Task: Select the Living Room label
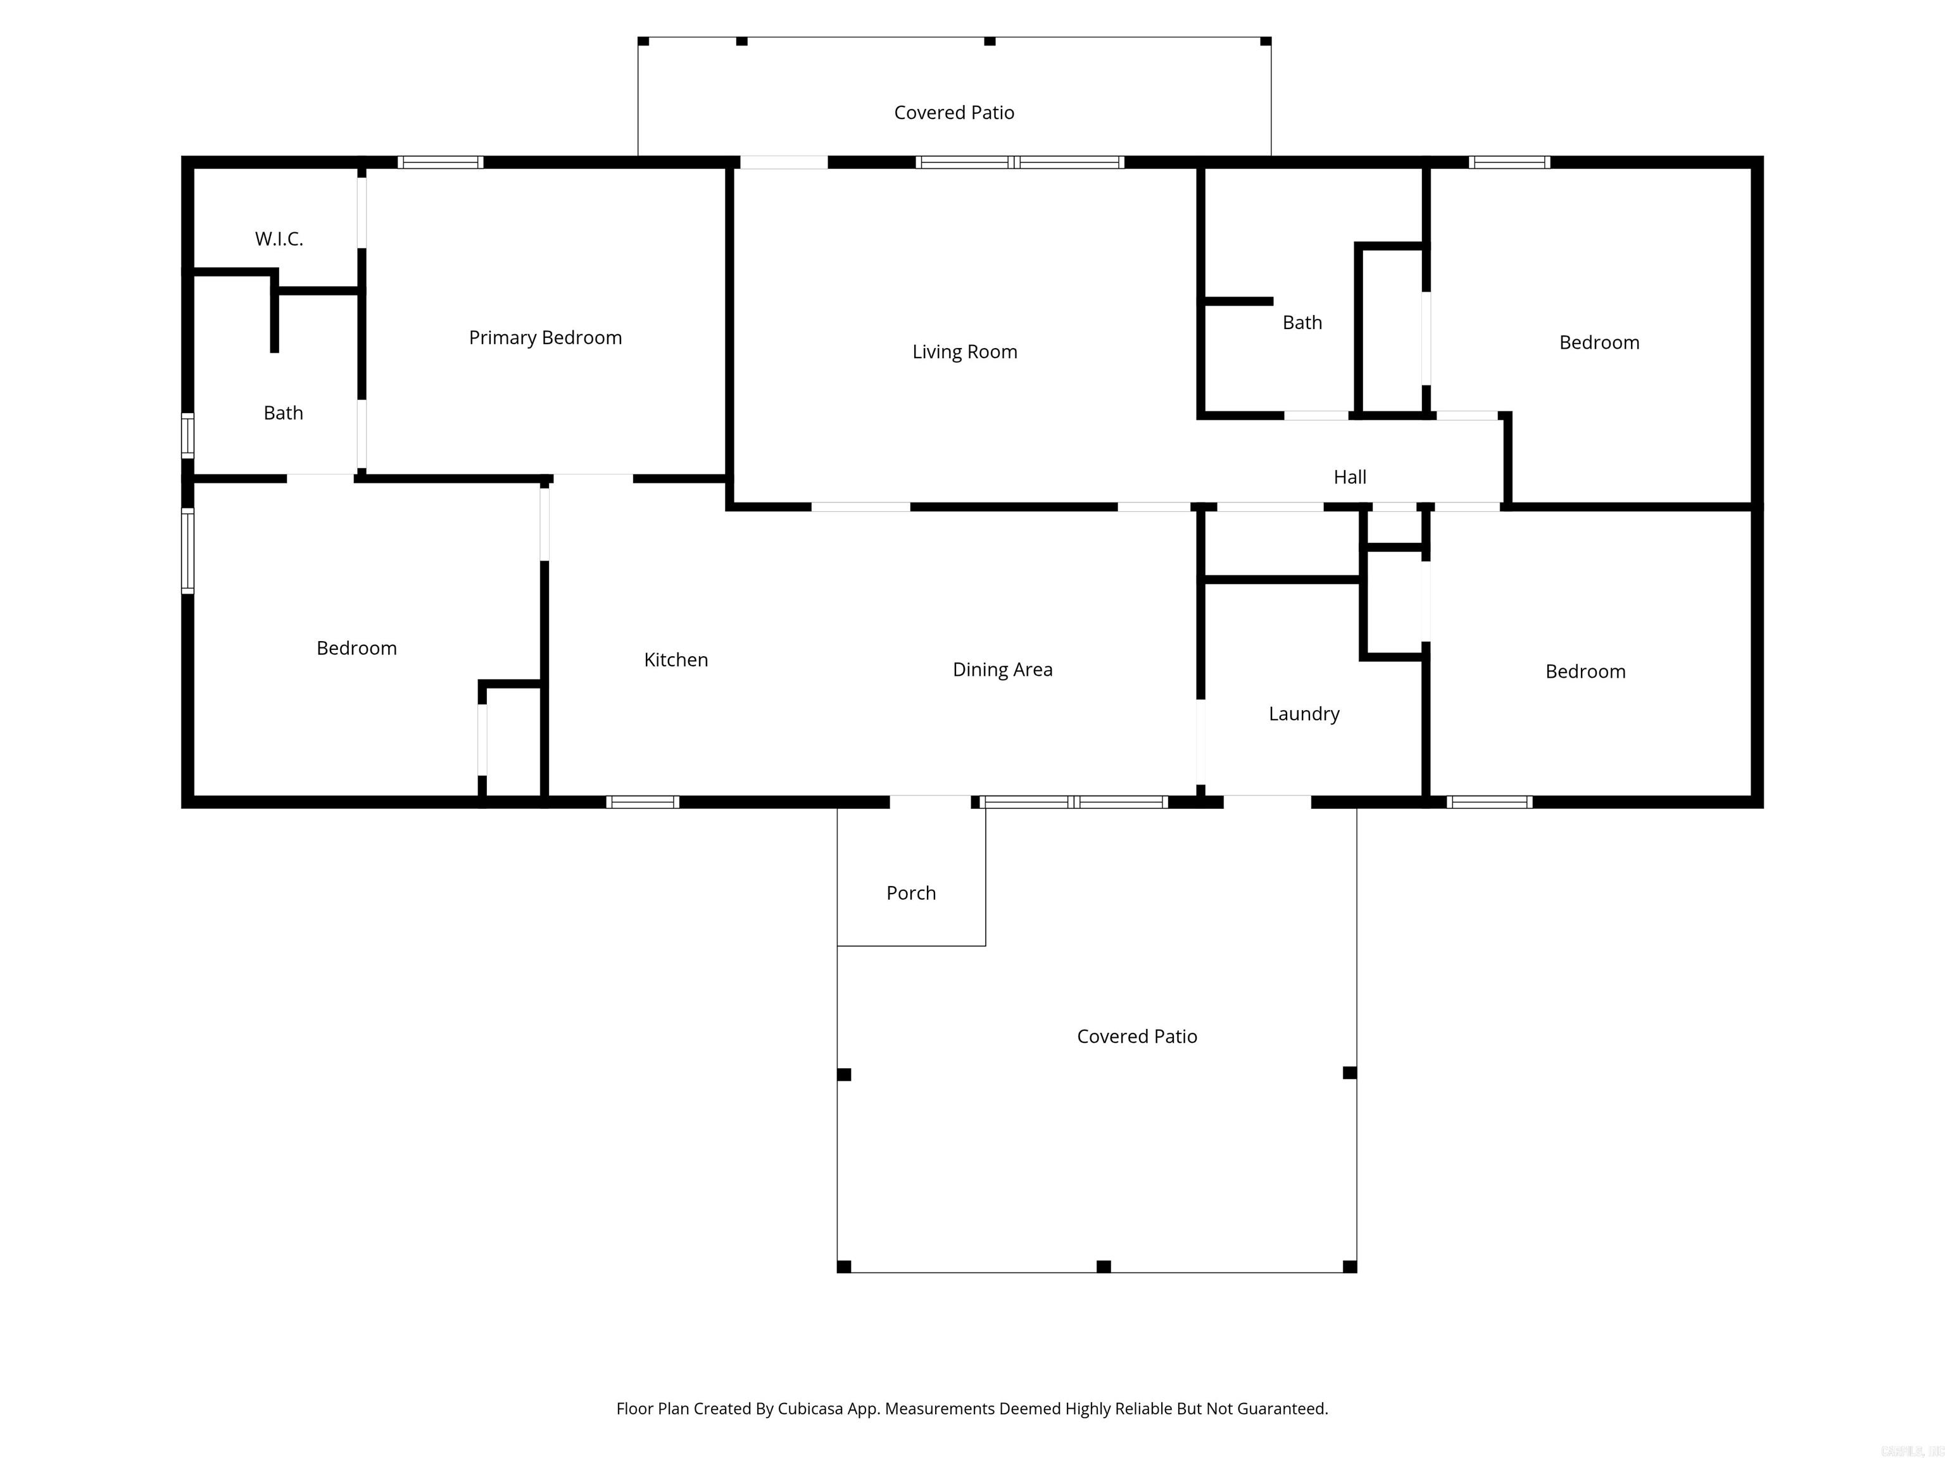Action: (965, 352)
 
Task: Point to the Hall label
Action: (1350, 477)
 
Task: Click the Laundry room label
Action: (1304, 714)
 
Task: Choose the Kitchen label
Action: (676, 660)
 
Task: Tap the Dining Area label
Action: (1002, 670)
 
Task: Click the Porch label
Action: (911, 893)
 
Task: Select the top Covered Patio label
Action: (954, 113)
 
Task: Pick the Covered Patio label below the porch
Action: (1137, 1036)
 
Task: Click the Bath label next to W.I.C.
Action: (283, 413)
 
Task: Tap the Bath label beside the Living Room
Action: (1302, 323)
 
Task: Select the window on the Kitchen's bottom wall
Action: (643, 802)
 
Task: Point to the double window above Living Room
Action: (1019, 163)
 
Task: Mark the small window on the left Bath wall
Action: (187, 435)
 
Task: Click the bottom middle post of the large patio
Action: (1104, 1266)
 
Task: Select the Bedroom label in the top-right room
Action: (1599, 343)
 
